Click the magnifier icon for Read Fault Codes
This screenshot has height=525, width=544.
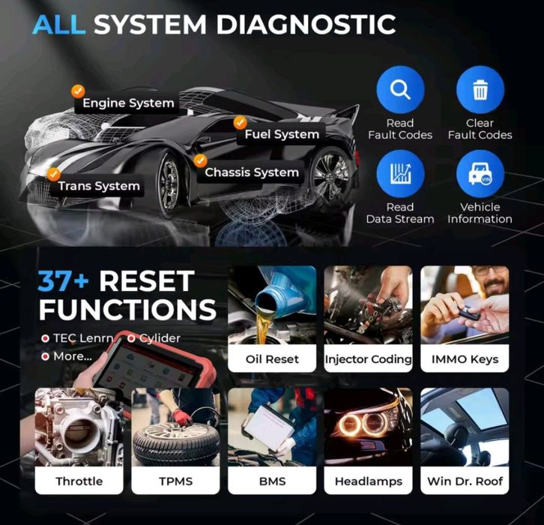point(400,91)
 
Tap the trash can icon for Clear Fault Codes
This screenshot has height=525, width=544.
point(480,91)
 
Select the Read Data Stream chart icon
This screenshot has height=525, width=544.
point(400,174)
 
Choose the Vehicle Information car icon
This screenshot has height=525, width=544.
point(480,174)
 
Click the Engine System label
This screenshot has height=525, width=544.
point(128,103)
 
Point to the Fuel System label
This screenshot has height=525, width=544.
point(282,135)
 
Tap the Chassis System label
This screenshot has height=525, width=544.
point(252,172)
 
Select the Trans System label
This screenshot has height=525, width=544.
point(99,186)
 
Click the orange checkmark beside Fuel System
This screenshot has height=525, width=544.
point(240,122)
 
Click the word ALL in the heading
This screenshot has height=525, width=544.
point(59,24)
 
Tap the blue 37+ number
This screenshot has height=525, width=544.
point(65,281)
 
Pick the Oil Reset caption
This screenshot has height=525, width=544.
point(272,359)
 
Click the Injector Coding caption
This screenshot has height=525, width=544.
point(368,359)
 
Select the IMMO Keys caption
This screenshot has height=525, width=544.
point(465,359)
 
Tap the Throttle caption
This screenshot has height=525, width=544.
point(79,481)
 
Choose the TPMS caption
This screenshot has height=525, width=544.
point(176,481)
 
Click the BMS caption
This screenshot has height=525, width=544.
point(272,481)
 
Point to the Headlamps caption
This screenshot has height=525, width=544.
point(368,481)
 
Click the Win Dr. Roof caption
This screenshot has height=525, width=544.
point(465,481)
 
